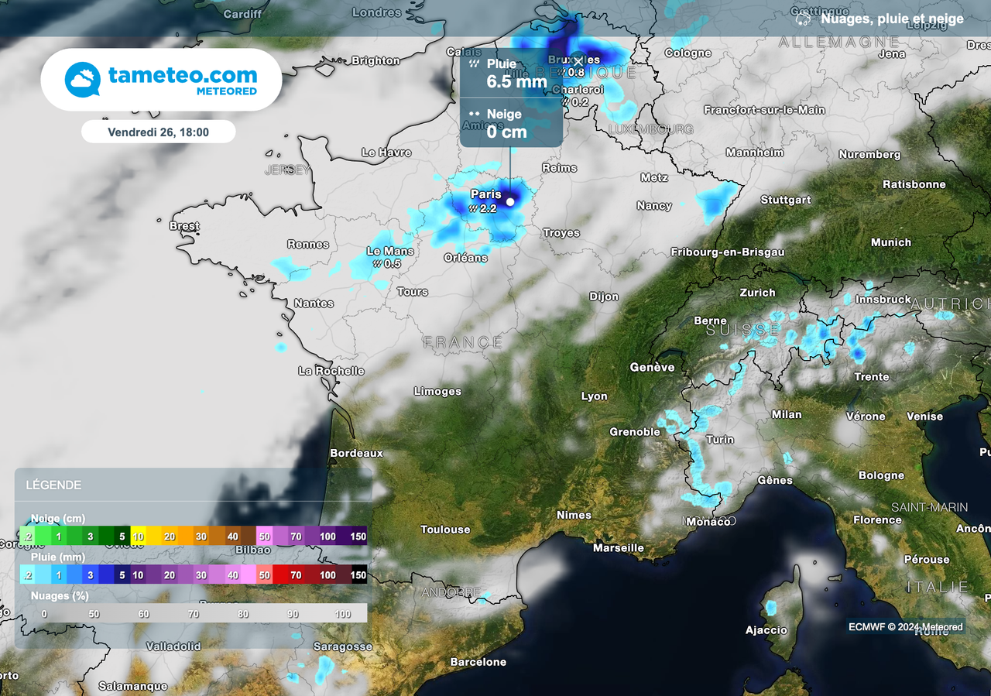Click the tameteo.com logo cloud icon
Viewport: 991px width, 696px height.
(x=83, y=80)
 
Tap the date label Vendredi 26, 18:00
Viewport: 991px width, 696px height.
(x=158, y=132)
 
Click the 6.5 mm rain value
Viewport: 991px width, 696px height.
(x=516, y=82)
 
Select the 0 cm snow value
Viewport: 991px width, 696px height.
(x=506, y=132)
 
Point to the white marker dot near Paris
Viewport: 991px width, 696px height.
(x=510, y=202)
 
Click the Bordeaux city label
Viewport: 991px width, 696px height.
(x=357, y=453)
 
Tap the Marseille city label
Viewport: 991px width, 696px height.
(x=619, y=548)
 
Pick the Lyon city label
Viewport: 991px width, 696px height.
(x=595, y=396)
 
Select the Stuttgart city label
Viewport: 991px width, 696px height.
(x=786, y=200)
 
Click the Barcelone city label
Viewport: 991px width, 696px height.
(x=478, y=662)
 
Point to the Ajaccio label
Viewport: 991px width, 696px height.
(x=766, y=630)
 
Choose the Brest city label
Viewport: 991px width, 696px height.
(x=184, y=226)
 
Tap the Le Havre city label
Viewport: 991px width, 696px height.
(x=386, y=153)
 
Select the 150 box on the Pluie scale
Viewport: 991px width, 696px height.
(x=358, y=575)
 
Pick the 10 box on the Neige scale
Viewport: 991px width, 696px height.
(x=139, y=536)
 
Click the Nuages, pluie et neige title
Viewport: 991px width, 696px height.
(x=892, y=19)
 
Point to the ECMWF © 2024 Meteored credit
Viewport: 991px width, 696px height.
(x=906, y=627)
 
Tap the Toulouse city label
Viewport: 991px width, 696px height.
(x=445, y=530)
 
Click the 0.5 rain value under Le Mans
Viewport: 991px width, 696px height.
(x=393, y=263)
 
